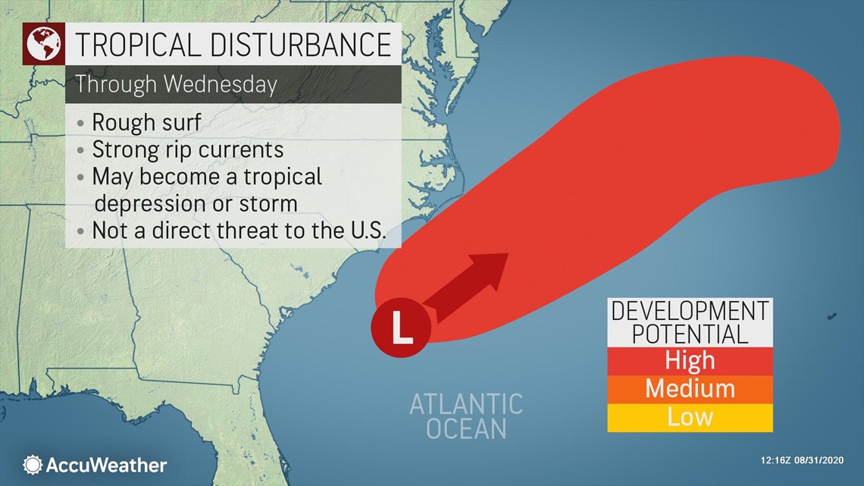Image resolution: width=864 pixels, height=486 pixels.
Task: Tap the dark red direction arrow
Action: [x=470, y=282]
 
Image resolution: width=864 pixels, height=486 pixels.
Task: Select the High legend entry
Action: [x=690, y=359]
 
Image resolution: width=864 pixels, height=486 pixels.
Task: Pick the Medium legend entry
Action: [x=690, y=388]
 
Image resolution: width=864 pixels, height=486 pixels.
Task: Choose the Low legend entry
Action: [x=690, y=416]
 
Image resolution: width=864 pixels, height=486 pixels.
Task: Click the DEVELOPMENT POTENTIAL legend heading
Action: [x=690, y=321]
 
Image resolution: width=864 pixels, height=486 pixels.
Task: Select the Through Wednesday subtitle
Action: [x=176, y=84]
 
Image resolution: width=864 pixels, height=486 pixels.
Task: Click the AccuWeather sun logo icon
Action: [x=33, y=465]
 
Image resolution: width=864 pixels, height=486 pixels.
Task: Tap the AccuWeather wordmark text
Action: [x=106, y=465]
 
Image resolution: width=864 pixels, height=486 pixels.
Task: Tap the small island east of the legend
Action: [x=832, y=316]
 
